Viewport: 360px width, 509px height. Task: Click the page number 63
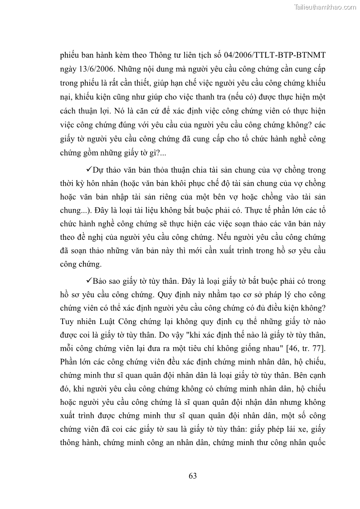pyautogui.click(x=192, y=475)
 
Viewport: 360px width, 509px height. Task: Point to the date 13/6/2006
pyautogui.click(x=97, y=70)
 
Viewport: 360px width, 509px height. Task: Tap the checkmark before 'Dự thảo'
pyautogui.click(x=88, y=170)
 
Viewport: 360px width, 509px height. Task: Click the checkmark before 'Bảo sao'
pyautogui.click(x=88, y=281)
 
